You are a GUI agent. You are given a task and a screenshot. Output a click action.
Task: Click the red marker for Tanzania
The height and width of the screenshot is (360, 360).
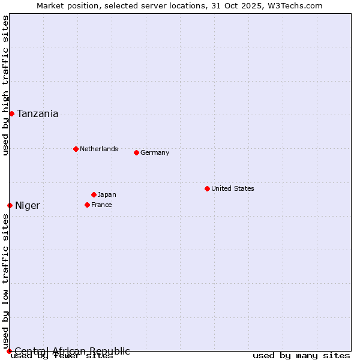[x=11, y=113]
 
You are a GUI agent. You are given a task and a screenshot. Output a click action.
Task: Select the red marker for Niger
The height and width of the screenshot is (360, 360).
[x=10, y=205]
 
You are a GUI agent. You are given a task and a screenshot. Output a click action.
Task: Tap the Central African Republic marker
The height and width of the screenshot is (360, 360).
[x=9, y=351]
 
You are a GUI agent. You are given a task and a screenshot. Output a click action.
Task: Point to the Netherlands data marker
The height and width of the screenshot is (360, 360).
[x=76, y=149]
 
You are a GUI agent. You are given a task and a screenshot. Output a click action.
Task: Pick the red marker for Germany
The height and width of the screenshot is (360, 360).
[x=136, y=152]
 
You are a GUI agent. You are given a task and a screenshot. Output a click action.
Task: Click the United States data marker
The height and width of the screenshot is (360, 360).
[x=207, y=188]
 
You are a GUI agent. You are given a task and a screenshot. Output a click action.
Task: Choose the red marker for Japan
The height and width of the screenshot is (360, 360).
[x=94, y=194]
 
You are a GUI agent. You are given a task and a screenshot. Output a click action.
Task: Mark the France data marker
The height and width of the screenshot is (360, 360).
[x=87, y=205]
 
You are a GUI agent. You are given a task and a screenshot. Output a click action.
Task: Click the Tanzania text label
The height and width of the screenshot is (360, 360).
[x=38, y=114]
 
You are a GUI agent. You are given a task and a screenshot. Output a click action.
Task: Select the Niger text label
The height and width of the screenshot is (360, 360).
[x=28, y=206]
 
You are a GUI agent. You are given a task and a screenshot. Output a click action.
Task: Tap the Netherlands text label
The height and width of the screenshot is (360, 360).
[x=99, y=149]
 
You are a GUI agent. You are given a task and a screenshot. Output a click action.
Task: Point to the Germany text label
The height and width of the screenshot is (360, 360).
[x=155, y=152]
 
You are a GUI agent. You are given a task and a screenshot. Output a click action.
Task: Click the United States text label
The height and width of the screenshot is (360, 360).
[x=233, y=188]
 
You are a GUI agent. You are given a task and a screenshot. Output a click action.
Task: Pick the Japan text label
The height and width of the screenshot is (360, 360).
[x=107, y=194]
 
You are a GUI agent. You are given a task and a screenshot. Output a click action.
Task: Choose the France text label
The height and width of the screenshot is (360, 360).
[x=101, y=205]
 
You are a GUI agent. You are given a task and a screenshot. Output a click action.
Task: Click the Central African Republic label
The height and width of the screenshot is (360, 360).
[x=72, y=351]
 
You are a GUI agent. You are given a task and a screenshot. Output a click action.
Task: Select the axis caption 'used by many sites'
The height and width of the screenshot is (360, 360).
[x=301, y=356]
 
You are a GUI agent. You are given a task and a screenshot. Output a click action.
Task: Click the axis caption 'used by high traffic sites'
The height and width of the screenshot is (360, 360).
[x=5, y=85]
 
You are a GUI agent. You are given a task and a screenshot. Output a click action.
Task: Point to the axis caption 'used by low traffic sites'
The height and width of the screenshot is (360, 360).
[x=5, y=282]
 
